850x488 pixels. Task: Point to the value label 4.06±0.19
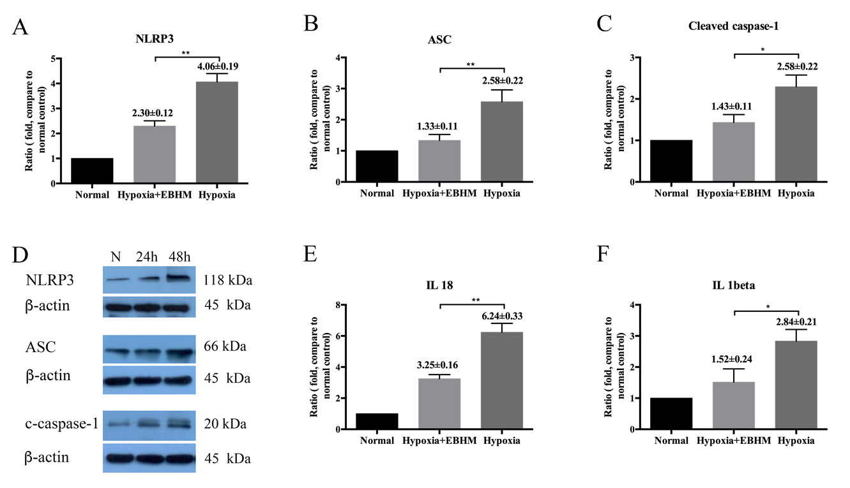pyautogui.click(x=216, y=65)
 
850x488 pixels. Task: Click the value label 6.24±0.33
pyautogui.click(x=502, y=316)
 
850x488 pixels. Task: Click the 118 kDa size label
pyautogui.click(x=225, y=279)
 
